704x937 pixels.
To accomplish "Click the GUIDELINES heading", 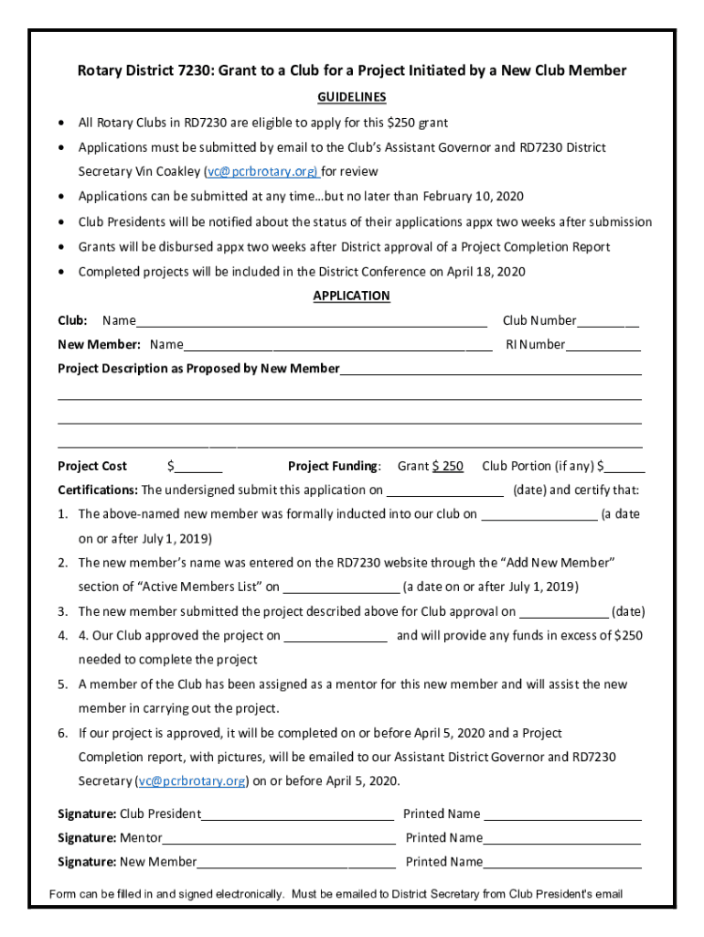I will point(351,97).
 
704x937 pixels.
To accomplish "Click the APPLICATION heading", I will point(351,296).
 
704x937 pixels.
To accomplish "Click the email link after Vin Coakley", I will point(261,171).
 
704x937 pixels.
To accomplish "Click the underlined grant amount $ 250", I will point(447,466).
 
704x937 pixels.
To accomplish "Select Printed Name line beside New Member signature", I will point(562,863).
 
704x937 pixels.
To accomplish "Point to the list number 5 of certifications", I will point(63,684).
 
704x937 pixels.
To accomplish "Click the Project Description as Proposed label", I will point(198,369).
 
